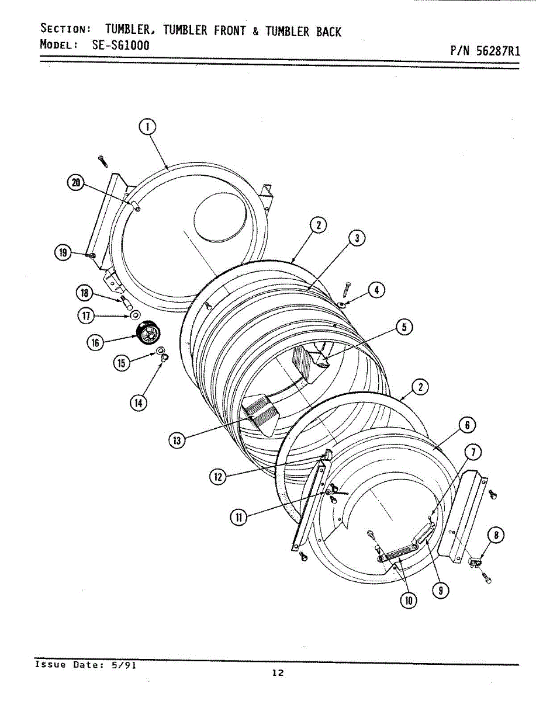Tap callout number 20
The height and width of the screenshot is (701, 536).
(x=75, y=182)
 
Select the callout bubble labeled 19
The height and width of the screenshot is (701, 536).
(x=63, y=253)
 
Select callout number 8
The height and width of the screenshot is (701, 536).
(x=496, y=535)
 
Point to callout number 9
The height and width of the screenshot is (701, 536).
(x=443, y=591)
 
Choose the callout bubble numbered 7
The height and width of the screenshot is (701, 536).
(x=472, y=452)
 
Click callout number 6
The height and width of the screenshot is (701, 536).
(x=467, y=426)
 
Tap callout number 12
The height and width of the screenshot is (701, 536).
(x=217, y=477)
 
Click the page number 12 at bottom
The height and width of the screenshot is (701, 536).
(x=278, y=673)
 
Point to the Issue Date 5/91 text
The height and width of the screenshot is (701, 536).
(x=85, y=665)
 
